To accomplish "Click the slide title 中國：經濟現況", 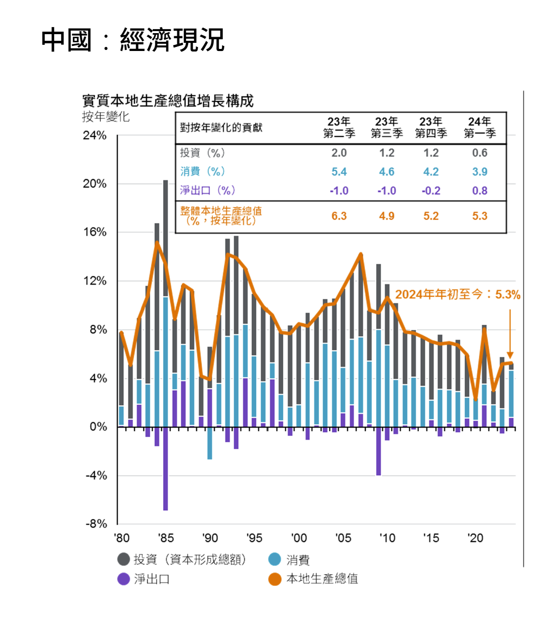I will pos(132,40).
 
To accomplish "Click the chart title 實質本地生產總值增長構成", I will pos(168,100).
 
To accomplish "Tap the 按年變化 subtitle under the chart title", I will pos(105,117).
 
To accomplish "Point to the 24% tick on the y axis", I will pos(95,136).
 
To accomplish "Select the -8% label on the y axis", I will pos(95,524).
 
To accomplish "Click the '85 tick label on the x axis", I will pos(166,538).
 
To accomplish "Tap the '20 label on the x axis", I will pos(475,538).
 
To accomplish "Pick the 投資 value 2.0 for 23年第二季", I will pos(339,153).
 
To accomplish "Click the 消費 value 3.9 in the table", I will pos(479,172).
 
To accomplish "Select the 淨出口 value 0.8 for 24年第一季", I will pos(479,191).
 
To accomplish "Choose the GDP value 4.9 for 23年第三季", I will pos(386,216).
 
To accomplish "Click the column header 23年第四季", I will pos(431,127).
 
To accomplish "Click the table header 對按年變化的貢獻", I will pos(221,127).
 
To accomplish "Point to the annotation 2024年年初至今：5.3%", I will pos(458,295).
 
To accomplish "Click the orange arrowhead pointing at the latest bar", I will pos(510,355).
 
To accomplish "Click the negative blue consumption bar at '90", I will pos(210,443).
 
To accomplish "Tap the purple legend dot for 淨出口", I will pos(123,579).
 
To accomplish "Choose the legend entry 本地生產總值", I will pos(322,579).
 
